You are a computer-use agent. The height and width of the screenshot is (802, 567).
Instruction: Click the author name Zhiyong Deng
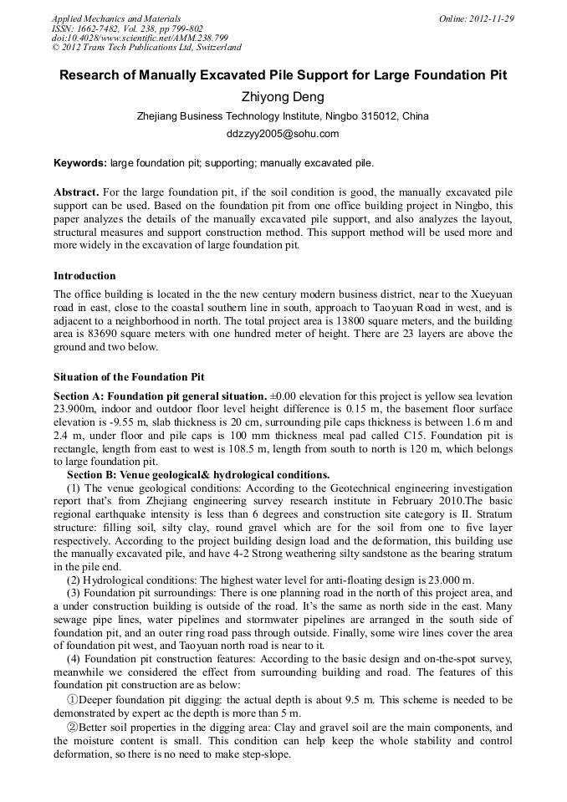tap(283, 97)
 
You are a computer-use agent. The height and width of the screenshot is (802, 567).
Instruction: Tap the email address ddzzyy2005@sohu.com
tap(283, 134)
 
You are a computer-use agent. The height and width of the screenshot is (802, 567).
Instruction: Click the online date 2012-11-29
tap(492, 18)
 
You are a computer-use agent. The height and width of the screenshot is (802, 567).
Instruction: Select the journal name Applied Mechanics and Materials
tap(116, 18)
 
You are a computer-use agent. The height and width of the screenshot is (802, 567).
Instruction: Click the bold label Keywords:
tap(80, 162)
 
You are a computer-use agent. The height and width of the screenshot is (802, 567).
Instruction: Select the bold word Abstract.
tap(77, 192)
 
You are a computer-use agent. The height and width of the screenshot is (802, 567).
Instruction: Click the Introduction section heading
tap(84, 276)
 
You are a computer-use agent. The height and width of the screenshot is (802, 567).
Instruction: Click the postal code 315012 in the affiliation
tap(375, 116)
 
